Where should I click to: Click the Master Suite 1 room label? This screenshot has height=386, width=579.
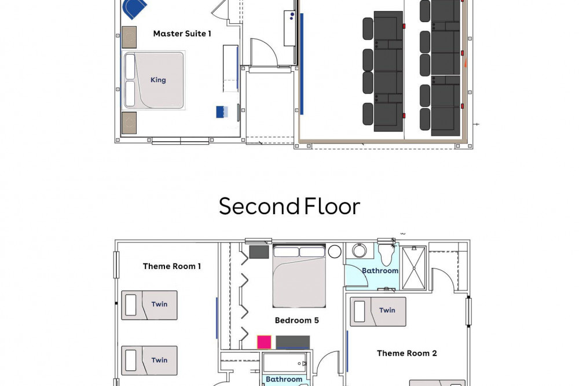click(x=182, y=34)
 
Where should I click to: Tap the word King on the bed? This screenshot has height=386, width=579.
click(x=158, y=80)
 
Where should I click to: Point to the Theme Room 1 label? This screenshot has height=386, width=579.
click(x=172, y=266)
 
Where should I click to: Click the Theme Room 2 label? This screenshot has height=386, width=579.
click(x=406, y=353)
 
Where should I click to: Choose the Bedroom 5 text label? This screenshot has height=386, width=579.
click(x=296, y=320)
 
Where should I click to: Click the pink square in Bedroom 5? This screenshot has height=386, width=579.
click(x=264, y=342)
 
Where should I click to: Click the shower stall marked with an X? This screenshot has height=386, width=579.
click(x=413, y=267)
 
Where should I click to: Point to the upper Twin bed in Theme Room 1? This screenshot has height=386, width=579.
click(x=149, y=305)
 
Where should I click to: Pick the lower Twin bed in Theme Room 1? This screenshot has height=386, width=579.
click(x=149, y=361)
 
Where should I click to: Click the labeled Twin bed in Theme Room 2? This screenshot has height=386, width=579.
click(x=378, y=311)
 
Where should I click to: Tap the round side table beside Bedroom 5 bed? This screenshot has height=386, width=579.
click(x=335, y=251)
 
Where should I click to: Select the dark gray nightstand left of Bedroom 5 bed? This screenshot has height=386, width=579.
click(x=259, y=252)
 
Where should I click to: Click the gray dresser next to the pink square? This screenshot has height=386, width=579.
click(x=292, y=342)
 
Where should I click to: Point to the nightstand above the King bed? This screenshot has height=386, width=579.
click(x=129, y=36)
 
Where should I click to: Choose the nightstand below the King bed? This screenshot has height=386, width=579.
click(x=129, y=123)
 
